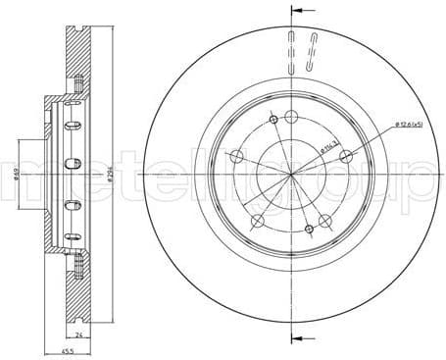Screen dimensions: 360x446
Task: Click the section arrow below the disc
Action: coord(291,340)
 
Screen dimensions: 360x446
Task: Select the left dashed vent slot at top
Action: coord(291,49)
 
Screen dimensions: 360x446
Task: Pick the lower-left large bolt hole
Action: coord(257,222)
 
